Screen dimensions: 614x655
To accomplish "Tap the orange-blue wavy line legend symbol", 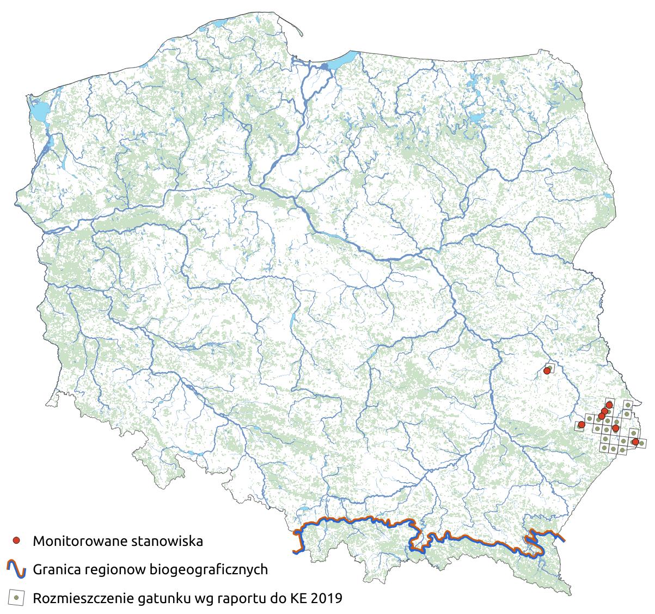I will point(17,569).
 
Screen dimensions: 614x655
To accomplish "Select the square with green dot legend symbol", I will point(17,598).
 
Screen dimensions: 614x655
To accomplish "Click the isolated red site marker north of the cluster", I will point(547,372).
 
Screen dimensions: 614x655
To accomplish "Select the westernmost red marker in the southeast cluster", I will point(581,424).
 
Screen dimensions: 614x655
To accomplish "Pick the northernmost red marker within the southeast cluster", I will point(609,404).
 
